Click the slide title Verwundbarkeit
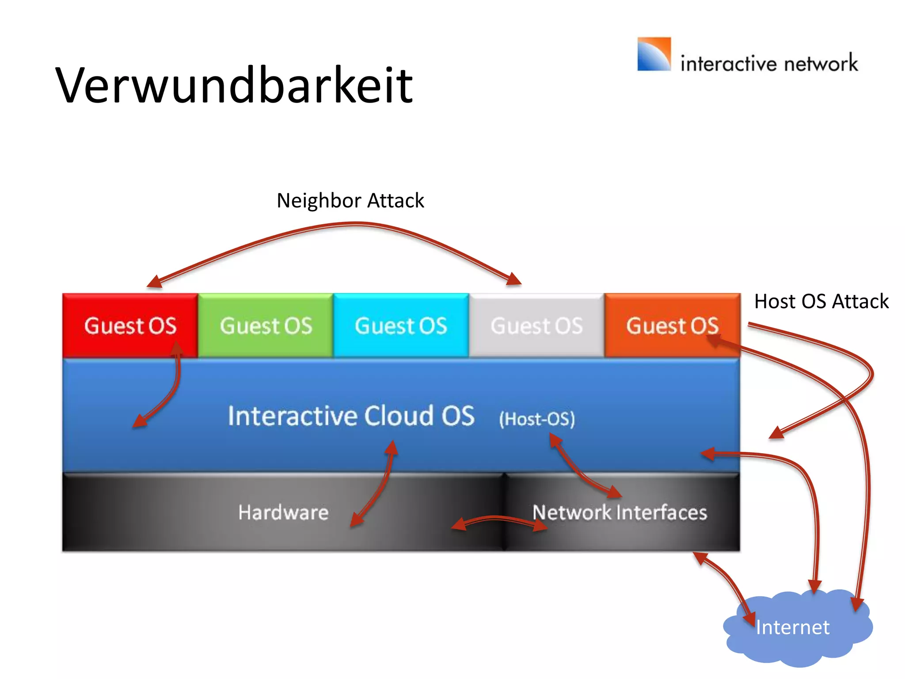click(234, 85)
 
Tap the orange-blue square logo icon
click(654, 54)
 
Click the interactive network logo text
click(769, 63)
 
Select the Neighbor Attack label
click(350, 200)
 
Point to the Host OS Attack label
click(821, 301)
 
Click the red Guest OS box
click(130, 325)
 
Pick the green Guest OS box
click(266, 325)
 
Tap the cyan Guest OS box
click(401, 325)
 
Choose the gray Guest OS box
click(536, 325)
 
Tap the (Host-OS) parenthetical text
click(536, 419)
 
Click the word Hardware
click(283, 512)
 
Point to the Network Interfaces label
click(620, 512)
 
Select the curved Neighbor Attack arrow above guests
click(354, 225)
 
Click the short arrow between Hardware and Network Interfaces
click(498, 519)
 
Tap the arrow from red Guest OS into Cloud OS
click(172, 389)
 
